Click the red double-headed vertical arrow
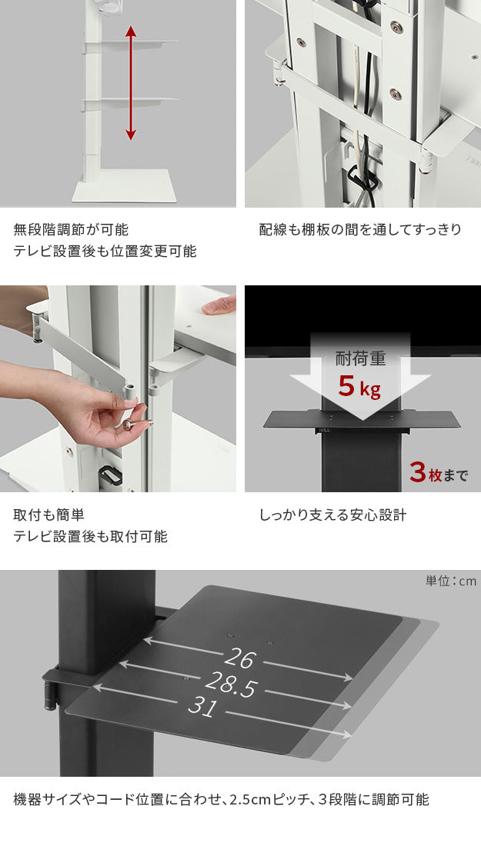(131, 83)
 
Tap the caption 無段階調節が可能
(71, 229)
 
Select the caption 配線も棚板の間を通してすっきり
(360, 229)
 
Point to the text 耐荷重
(360, 358)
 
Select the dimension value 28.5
(231, 684)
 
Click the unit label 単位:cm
(450, 581)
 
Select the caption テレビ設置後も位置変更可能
(105, 251)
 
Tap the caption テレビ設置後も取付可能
(90, 536)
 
